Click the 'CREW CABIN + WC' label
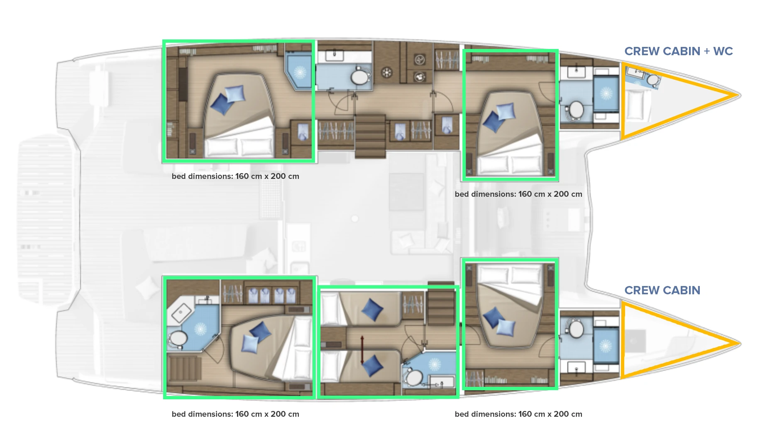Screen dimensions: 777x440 (679, 51)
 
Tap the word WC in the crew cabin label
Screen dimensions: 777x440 (723, 51)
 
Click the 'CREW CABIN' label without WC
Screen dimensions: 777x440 (662, 290)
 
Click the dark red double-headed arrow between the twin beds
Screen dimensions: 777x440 (362, 350)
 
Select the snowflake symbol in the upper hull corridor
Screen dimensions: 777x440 (387, 73)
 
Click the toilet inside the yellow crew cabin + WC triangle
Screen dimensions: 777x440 (652, 79)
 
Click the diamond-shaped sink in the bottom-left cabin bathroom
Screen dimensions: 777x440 (181, 313)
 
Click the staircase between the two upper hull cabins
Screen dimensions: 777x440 (370, 137)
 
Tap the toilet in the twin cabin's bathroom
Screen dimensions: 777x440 (413, 378)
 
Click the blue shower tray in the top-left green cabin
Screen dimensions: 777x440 (299, 72)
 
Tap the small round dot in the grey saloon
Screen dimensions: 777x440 (354, 218)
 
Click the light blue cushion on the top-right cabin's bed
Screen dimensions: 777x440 (506, 112)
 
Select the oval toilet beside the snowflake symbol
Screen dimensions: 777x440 (360, 77)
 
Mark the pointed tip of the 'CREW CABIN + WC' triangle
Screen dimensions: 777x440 (739, 95)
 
